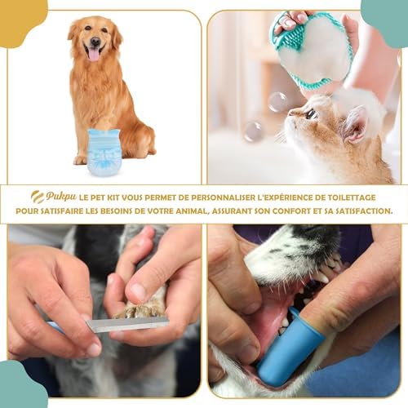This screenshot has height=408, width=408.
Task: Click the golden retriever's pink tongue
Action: pos(94,54)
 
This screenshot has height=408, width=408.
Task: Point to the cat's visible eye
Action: pos(311,114)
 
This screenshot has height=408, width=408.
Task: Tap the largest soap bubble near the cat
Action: pos(278,101)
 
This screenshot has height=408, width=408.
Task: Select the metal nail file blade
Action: pos(126,324)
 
